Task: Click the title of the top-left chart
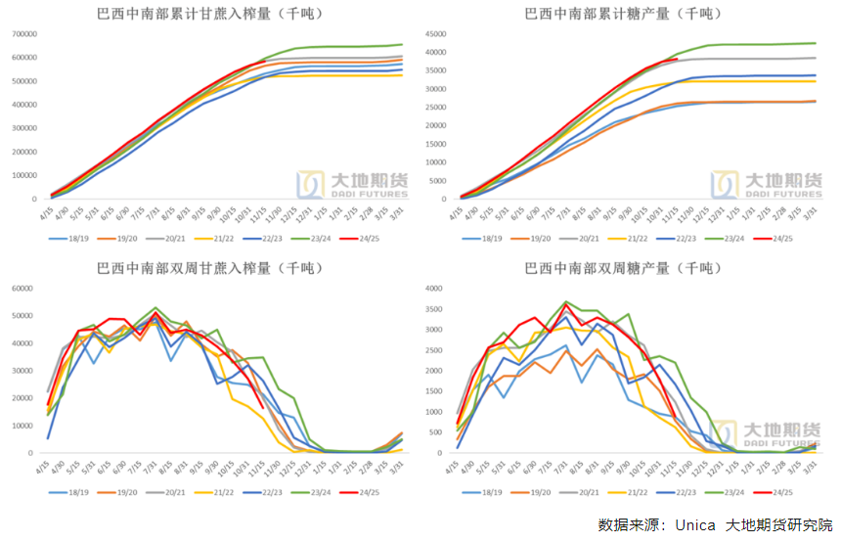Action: click(210, 14)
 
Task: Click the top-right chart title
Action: click(631, 14)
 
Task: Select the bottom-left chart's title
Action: click(210, 268)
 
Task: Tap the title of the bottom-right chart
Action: click(631, 268)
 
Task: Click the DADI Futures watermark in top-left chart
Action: click(352, 183)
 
